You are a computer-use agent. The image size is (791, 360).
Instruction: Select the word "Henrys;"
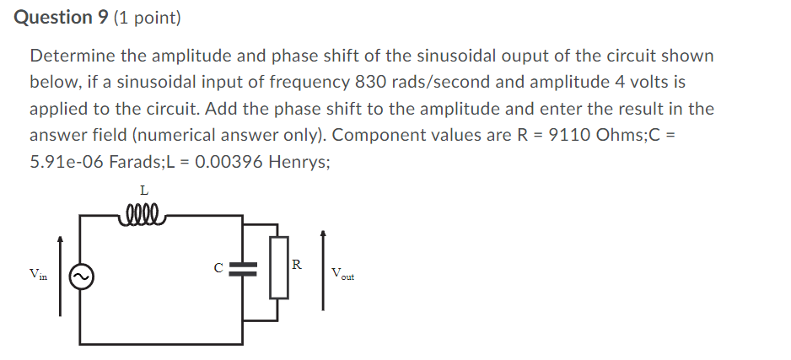point(299,161)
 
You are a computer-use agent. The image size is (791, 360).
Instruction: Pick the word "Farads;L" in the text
point(148,161)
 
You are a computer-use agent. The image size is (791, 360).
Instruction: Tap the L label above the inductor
point(143,191)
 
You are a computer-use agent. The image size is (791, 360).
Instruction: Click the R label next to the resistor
point(297,265)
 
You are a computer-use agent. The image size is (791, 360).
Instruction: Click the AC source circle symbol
point(81,277)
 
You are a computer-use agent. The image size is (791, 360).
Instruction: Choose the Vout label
point(343,274)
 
